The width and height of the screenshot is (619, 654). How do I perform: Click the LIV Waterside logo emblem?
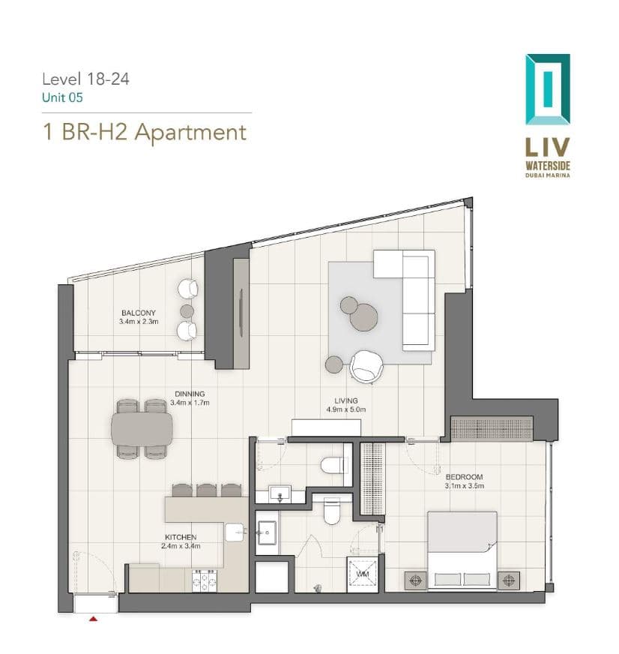click(x=547, y=89)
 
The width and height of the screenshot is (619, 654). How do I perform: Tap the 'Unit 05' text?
click(x=62, y=97)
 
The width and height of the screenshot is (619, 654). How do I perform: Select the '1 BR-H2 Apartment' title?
click(x=145, y=132)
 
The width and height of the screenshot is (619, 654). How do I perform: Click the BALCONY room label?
click(x=139, y=313)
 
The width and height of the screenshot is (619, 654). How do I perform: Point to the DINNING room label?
click(x=190, y=394)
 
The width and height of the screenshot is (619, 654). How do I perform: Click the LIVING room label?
click(x=346, y=400)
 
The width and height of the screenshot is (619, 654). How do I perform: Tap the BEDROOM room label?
click(x=464, y=477)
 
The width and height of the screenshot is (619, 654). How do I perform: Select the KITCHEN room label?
click(x=181, y=537)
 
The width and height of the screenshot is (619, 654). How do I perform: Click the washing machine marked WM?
click(x=362, y=574)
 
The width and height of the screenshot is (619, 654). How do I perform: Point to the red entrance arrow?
click(x=94, y=619)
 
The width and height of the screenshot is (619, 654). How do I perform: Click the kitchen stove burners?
click(x=204, y=580)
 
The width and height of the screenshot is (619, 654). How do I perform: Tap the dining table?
click(x=142, y=429)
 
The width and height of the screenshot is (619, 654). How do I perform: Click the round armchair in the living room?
click(x=366, y=366)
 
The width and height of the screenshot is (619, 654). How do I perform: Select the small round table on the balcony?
click(x=187, y=310)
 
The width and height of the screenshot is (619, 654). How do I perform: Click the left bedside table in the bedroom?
click(x=416, y=580)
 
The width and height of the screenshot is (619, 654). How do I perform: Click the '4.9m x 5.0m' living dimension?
click(x=346, y=409)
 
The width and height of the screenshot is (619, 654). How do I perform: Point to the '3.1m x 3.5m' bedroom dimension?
click(x=465, y=486)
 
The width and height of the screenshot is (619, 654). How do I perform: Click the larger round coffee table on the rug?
click(x=363, y=317)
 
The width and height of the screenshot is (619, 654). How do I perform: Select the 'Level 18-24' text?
click(x=86, y=79)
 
